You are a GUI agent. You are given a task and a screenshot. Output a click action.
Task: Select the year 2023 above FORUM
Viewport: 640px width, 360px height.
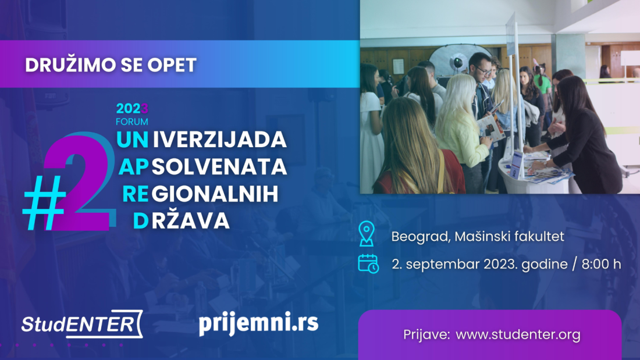pos(132,109)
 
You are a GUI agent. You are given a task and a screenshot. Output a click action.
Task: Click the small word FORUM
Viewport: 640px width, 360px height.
pos(132,122)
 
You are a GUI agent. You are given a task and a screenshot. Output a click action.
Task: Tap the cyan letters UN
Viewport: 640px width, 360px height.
pos(132,140)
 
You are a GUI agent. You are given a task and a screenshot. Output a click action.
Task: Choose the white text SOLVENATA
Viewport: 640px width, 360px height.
pos(219,166)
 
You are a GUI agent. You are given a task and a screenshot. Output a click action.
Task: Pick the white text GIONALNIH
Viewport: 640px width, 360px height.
pos(215,194)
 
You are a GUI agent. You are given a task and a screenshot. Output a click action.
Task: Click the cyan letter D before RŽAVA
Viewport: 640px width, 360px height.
pos(141,221)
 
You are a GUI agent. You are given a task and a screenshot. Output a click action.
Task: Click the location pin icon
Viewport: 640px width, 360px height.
pos(367,233)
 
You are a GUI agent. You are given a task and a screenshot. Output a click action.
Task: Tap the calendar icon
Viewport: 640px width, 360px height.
pos(368,263)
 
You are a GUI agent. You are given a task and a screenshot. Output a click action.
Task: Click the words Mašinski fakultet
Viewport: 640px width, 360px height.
pos(510,236)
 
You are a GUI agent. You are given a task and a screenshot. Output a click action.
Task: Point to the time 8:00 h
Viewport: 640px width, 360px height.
pos(601,264)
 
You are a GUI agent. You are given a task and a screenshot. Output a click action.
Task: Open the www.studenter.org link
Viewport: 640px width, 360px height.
pos(518,334)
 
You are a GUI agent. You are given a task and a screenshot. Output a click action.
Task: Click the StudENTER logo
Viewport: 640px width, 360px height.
pos(82,324)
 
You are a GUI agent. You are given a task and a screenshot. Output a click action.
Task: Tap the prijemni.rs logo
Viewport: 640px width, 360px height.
pos(258,323)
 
